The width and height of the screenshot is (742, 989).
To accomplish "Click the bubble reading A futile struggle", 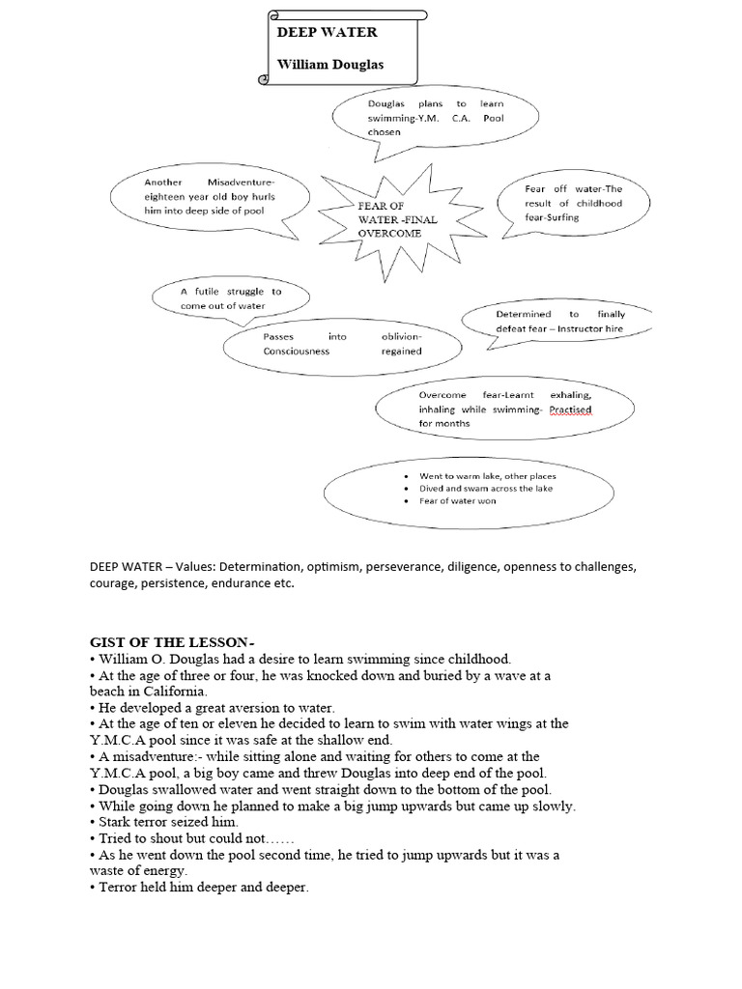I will (x=231, y=297).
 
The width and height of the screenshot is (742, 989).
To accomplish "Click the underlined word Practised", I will (x=570, y=410).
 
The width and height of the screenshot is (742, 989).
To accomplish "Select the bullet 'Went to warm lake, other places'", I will (x=487, y=476).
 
